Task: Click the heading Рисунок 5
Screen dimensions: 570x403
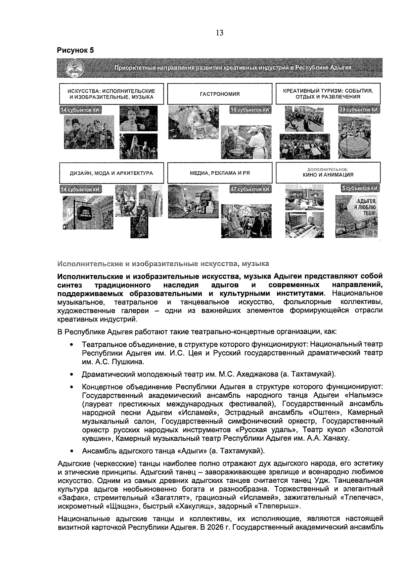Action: pyautogui.click(x=75, y=51)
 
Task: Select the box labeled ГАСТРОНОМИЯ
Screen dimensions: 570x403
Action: pyautogui.click(x=220, y=94)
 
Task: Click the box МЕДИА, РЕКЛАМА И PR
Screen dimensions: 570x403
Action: pyautogui.click(x=220, y=173)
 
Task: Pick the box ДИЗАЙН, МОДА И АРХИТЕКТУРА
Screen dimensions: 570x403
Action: pyautogui.click(x=111, y=173)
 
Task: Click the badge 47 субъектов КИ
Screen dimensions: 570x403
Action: pyautogui.click(x=251, y=189)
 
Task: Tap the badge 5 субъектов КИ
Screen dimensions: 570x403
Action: pyautogui.click(x=359, y=189)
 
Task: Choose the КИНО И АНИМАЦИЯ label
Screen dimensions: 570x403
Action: pyautogui.click(x=328, y=175)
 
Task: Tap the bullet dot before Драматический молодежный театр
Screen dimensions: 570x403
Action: pyautogui.click(x=71, y=374)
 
